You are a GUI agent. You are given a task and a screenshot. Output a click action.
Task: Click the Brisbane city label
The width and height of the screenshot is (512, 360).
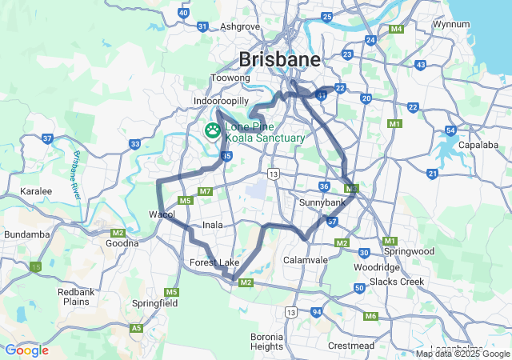pos(279,59)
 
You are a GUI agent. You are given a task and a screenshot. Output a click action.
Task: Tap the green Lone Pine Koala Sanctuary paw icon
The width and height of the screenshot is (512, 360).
pos(214,130)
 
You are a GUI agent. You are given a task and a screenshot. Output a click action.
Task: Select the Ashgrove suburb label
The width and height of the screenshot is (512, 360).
pos(240,26)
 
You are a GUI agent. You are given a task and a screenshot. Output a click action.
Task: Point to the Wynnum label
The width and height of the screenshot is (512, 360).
pos(450,24)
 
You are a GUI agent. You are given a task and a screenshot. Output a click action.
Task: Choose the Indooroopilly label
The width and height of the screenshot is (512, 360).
pos(221,101)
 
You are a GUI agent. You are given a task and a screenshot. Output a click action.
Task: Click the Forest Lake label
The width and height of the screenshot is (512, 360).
pos(214,262)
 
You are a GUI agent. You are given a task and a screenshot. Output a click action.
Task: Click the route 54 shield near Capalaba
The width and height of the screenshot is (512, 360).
pos(451,130)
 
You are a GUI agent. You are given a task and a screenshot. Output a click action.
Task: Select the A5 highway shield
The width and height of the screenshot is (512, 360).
pos(137,328)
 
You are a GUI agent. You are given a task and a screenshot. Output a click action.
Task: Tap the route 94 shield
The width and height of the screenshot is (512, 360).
pos(317,311)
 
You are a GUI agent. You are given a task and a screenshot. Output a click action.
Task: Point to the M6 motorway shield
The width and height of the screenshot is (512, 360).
pos(370,316)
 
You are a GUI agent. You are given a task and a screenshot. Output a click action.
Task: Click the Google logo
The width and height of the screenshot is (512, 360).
pos(26,350)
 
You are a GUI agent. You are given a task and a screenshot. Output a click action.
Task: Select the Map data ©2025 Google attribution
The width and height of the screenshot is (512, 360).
pos(462,354)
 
